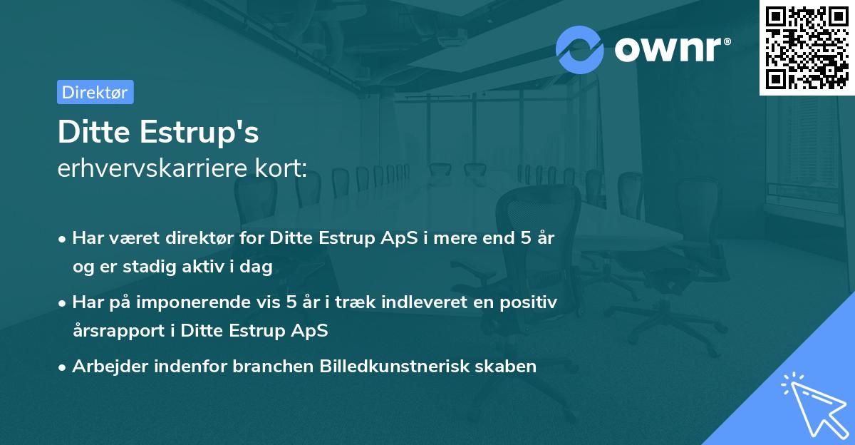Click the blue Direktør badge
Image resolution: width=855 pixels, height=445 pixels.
coord(95,92)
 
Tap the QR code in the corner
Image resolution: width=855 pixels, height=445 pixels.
coord(807,48)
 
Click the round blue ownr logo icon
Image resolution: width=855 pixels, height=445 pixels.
coord(580,49)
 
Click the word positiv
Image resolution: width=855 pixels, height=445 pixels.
coord(529,302)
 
